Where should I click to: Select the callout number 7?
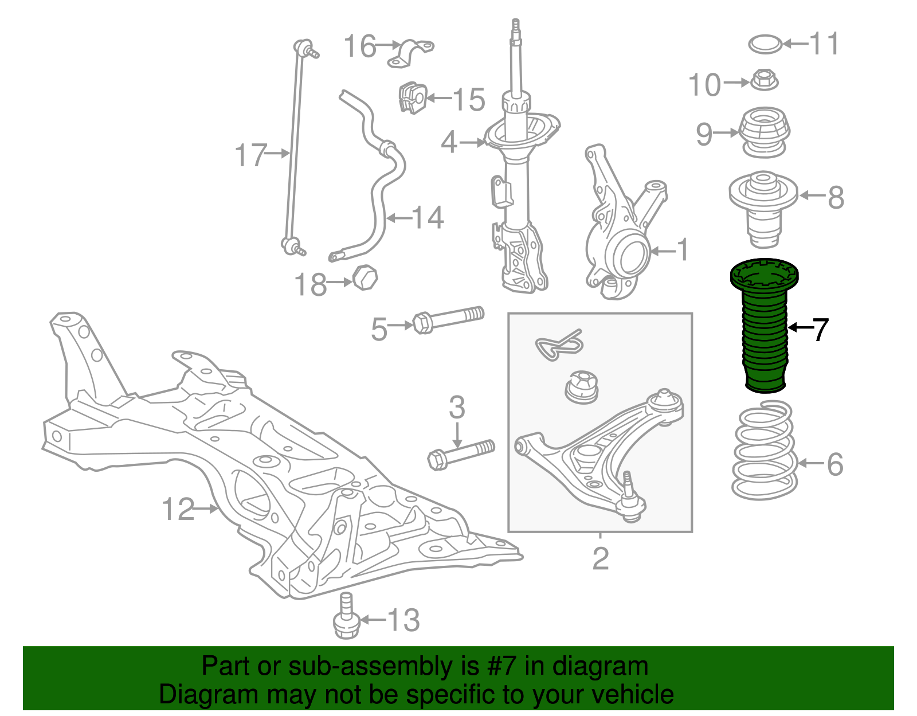click(x=821, y=330)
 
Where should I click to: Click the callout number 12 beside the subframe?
click(x=179, y=508)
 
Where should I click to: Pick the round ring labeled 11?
click(x=765, y=44)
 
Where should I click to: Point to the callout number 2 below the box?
click(x=600, y=558)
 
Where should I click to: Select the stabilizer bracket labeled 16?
click(x=411, y=52)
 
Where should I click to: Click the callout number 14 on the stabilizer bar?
click(x=427, y=217)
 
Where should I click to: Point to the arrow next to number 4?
click(x=473, y=142)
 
